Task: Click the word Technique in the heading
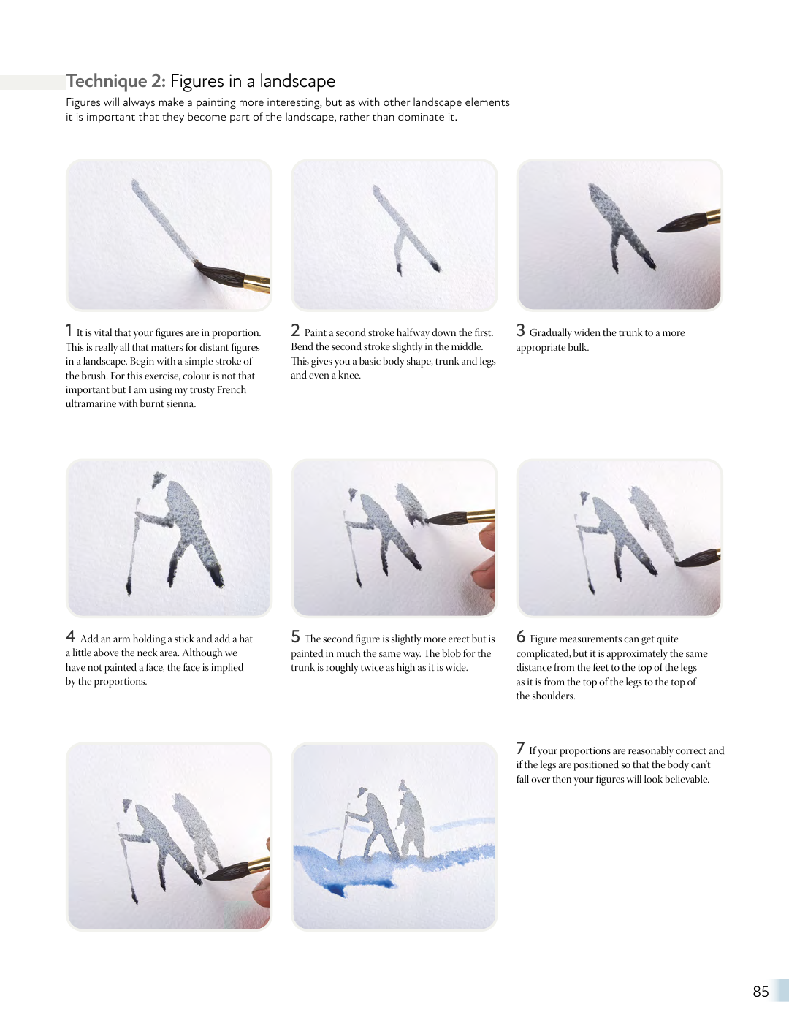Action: [107, 81]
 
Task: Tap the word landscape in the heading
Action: [297, 81]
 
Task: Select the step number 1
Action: [69, 330]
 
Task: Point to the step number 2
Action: [295, 330]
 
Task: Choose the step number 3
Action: [520, 330]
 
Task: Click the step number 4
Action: [71, 636]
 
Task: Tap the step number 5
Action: [295, 636]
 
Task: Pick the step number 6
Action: [520, 636]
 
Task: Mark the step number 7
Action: [520, 748]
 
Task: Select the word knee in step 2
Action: [348, 375]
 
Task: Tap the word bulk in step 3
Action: [577, 347]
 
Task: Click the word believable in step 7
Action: [686, 779]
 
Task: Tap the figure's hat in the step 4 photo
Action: [159, 479]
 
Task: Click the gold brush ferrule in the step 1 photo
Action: [257, 283]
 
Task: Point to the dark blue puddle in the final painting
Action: [337, 889]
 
